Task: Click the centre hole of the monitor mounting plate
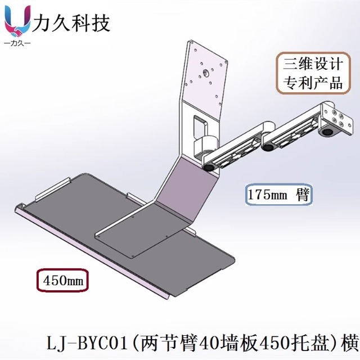[x=206, y=73]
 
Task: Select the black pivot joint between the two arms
[x=268, y=147]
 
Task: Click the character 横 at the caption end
[x=349, y=342]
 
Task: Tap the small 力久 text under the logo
[x=17, y=43]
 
